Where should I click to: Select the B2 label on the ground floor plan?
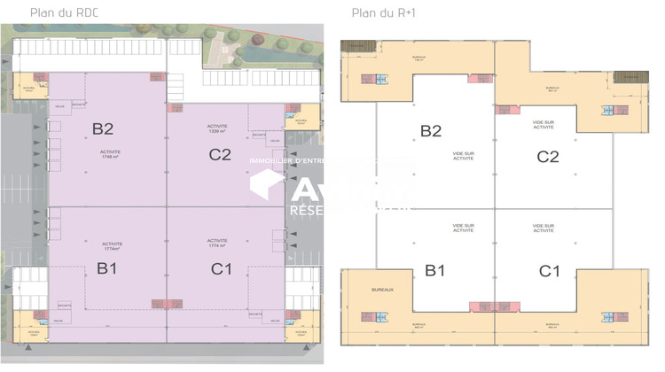(103, 128)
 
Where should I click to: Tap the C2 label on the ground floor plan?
(220, 155)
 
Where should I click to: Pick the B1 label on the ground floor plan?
(107, 267)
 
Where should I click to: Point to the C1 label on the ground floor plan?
(222, 267)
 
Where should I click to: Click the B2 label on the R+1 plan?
(431, 131)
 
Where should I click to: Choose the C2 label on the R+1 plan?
(548, 157)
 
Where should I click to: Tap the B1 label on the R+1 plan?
(434, 269)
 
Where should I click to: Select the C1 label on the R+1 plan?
(550, 269)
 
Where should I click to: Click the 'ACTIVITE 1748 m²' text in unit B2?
(111, 154)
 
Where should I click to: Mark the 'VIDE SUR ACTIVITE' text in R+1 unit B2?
(463, 156)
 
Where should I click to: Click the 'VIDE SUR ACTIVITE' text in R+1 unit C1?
(544, 229)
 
